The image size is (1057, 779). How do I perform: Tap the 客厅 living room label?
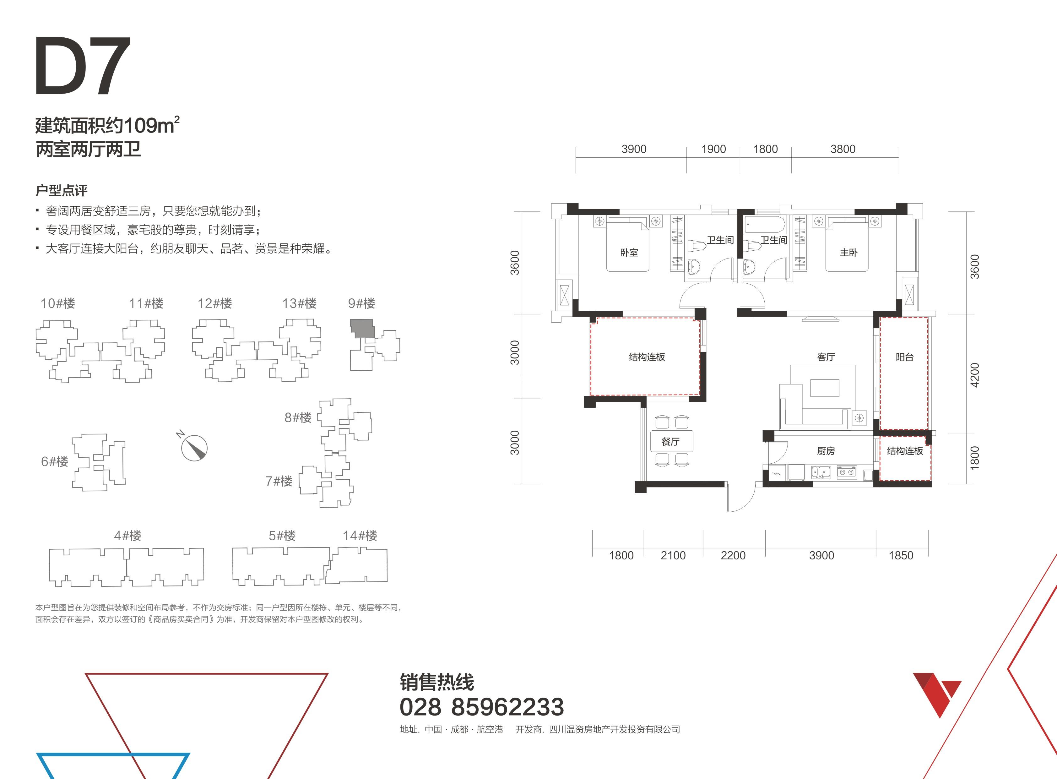pos(826,357)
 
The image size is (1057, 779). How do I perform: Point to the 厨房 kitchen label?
pos(826,451)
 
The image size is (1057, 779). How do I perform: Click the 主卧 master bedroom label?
pos(848,252)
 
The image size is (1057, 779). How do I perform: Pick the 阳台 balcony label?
pos(905,357)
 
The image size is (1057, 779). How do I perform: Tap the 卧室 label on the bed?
pos(629,252)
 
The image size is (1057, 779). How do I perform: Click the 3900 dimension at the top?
pos(634,149)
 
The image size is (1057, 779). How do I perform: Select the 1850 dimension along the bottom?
pos(901,555)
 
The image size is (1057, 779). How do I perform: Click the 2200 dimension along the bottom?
pos(733,555)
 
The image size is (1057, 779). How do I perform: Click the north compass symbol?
pos(193,447)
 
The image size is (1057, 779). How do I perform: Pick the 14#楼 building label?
pos(360,536)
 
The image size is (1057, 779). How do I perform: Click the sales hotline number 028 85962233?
pos(481,707)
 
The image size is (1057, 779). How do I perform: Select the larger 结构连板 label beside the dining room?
pos(647,357)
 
